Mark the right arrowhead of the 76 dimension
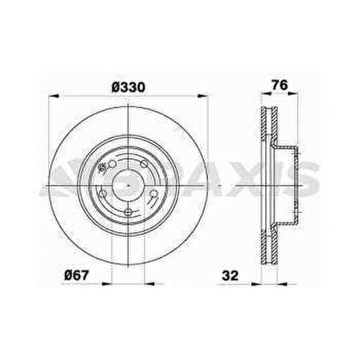(x=288, y=96)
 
